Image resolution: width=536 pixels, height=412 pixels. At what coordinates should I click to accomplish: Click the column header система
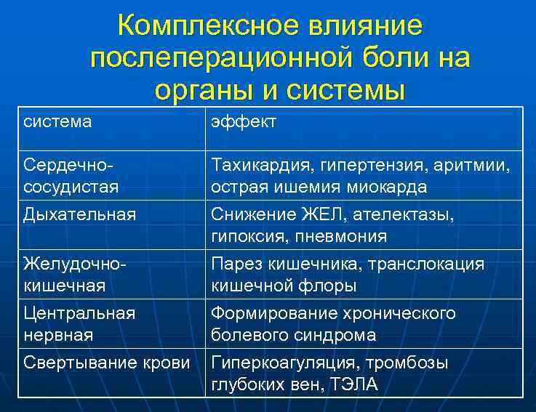click(x=57, y=121)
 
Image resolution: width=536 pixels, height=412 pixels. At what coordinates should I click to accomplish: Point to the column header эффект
click(x=244, y=121)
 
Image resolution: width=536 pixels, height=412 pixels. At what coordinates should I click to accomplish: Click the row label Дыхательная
click(x=79, y=214)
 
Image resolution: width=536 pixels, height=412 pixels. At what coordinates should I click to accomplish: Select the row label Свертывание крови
click(x=106, y=363)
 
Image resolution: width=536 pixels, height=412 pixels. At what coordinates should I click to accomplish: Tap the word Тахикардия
click(x=259, y=166)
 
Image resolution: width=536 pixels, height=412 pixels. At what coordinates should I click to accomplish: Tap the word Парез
click(x=233, y=264)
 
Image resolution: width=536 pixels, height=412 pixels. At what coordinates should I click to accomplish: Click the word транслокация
click(x=429, y=264)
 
